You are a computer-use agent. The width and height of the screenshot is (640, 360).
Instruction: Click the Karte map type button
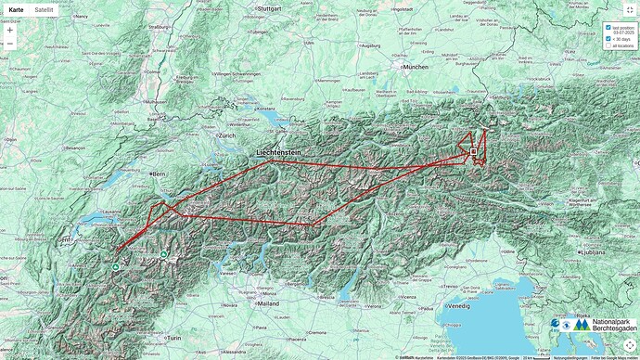pos(16,9)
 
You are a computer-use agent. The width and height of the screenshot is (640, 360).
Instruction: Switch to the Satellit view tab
pos(44,9)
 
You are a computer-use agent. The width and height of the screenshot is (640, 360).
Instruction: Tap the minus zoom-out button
pos(10,44)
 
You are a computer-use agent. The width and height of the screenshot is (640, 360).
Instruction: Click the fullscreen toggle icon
pos(629,9)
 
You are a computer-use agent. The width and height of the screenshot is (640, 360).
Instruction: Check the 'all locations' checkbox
pos(608,45)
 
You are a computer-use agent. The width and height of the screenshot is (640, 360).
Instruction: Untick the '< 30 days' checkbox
pos(608,39)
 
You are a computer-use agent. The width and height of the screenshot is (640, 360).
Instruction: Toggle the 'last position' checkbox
pos(608,28)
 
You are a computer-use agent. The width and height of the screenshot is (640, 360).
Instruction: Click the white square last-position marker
pos(473,151)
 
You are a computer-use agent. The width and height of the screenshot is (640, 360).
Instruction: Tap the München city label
pos(416,67)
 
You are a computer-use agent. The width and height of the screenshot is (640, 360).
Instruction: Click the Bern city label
pos(159,174)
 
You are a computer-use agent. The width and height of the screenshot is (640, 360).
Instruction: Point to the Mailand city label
pos(268,303)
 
